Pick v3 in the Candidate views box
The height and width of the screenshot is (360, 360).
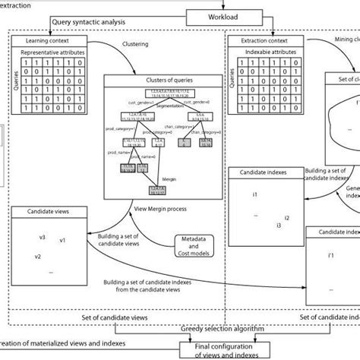click(43, 238)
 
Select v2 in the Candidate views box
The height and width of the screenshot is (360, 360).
click(37, 257)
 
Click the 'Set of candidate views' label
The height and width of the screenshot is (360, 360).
click(116, 316)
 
